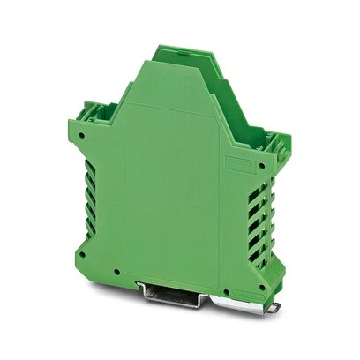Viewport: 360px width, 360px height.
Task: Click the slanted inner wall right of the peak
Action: (231, 97)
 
